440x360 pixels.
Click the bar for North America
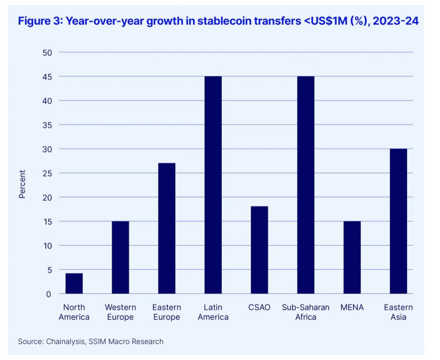[x=74, y=284]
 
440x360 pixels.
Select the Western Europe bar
[x=120, y=257]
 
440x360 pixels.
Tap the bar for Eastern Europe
[x=167, y=229]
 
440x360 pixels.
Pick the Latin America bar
[x=213, y=185]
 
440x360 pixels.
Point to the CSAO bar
[x=260, y=250]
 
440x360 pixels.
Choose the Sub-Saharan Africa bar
[x=306, y=185]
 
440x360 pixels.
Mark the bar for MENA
[x=352, y=257]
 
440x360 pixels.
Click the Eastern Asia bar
[x=399, y=221]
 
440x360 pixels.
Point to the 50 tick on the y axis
[x=47, y=53]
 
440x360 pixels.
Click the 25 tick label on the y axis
[x=47, y=173]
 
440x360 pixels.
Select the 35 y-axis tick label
[x=47, y=125]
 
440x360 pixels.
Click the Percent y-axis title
[x=22, y=184]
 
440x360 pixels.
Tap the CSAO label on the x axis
[x=259, y=307]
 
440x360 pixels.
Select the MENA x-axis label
[x=352, y=307]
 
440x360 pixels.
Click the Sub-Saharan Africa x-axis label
[x=306, y=312]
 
